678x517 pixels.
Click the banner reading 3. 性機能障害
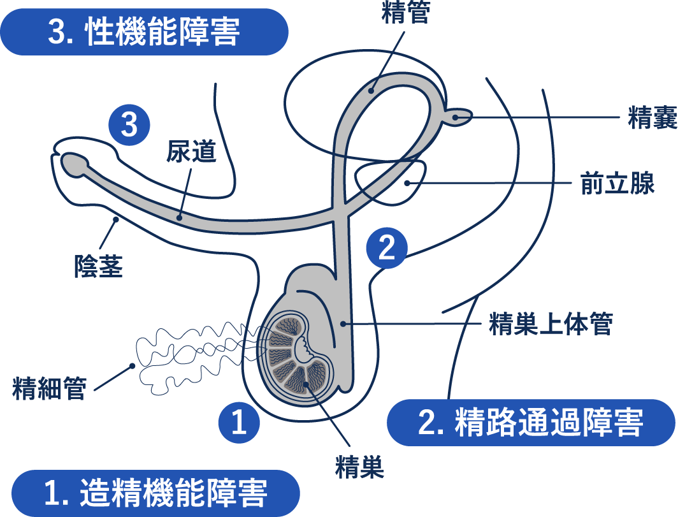click(x=143, y=32)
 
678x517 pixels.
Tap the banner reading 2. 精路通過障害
click(x=531, y=423)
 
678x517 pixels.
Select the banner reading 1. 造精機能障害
click(x=155, y=493)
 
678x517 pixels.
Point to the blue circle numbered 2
click(x=387, y=248)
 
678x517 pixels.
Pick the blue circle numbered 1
click(x=239, y=423)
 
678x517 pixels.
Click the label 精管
click(x=405, y=13)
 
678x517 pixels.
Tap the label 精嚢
click(x=653, y=118)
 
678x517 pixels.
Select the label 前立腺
click(x=617, y=184)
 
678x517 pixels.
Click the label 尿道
click(x=192, y=152)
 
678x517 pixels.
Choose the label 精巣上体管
click(x=551, y=324)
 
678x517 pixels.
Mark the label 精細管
click(x=49, y=388)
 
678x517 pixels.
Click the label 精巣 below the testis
click(x=360, y=469)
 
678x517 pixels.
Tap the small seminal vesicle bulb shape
click(x=461, y=117)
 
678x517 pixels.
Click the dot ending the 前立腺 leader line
click(x=407, y=184)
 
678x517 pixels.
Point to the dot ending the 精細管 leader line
click(x=132, y=366)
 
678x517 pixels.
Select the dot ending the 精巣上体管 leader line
click(x=343, y=324)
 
